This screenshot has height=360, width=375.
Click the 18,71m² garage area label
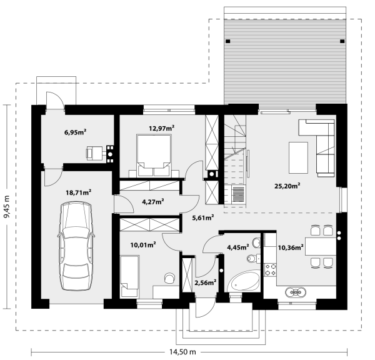78,192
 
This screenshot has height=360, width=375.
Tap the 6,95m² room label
76,132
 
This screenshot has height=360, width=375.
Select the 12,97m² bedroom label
161,128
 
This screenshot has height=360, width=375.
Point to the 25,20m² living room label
287,186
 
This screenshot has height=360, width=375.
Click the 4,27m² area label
153,202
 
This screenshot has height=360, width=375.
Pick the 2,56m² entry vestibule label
206,282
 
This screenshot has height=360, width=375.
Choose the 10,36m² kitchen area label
291,247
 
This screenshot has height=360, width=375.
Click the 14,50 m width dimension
182,352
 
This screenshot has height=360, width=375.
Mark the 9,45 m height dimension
7,207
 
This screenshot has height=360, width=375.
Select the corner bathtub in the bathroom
244,281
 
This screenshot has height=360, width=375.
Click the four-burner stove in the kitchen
270,269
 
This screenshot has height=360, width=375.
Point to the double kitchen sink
296,292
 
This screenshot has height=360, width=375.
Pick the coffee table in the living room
298,157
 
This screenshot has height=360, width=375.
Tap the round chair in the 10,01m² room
169,278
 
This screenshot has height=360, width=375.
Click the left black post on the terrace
228,41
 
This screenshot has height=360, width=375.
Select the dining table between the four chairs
321,246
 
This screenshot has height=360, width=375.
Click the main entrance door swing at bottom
206,309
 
